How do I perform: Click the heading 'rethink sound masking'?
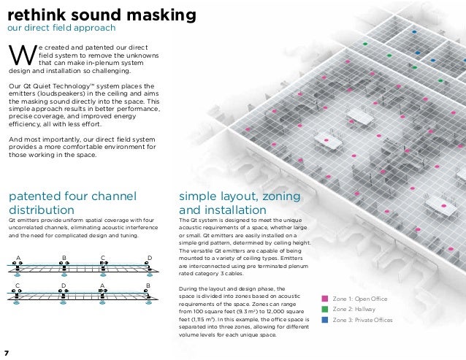[101, 14]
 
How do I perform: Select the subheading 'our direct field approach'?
[61, 28]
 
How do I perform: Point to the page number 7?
[6, 352]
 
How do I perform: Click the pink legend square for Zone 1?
[325, 299]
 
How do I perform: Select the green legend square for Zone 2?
[325, 309]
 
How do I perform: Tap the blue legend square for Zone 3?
[325, 320]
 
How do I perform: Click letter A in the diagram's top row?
[17, 258]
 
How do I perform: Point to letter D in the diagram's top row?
[149, 258]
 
